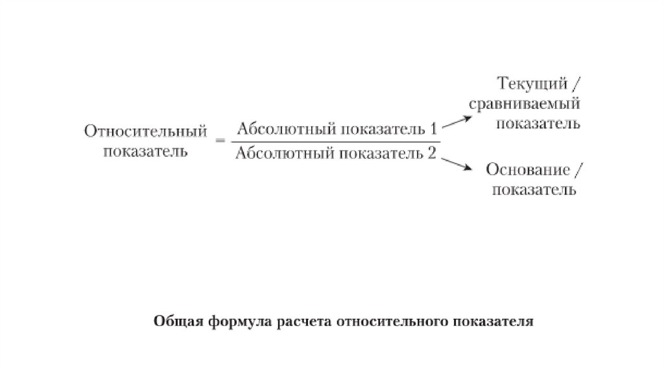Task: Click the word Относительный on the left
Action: click(145, 132)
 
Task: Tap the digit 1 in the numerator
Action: click(433, 128)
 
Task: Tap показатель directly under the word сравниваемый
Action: click(538, 123)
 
